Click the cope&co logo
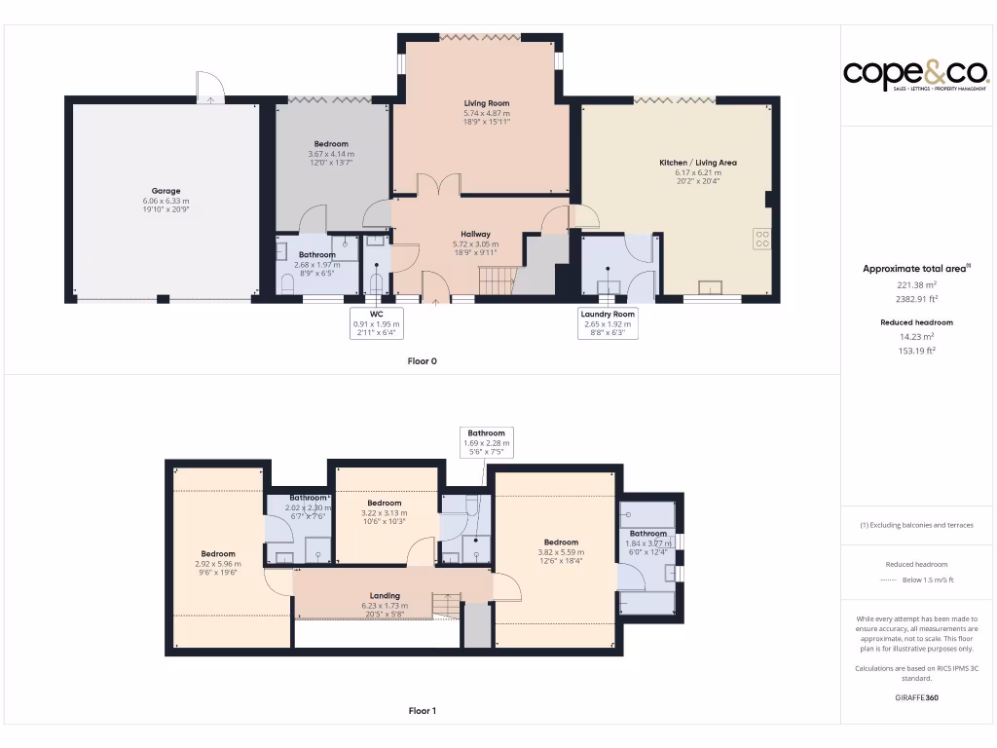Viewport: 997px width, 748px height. coord(915,74)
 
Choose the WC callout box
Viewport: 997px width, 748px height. coord(377,323)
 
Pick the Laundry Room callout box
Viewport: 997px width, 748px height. coord(608,323)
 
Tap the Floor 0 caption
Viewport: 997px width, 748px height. coord(423,361)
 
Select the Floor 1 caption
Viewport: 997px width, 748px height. coord(423,711)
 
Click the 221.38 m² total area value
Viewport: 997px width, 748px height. coord(916,285)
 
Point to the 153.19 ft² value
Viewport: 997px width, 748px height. coord(916,351)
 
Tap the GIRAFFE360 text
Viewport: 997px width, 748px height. coord(916,697)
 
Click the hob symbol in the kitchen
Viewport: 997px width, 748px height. coord(761,239)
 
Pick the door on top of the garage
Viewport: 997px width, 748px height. coord(209,89)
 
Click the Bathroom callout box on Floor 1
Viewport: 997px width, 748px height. coord(486,442)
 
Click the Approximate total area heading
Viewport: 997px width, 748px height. coord(916,269)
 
